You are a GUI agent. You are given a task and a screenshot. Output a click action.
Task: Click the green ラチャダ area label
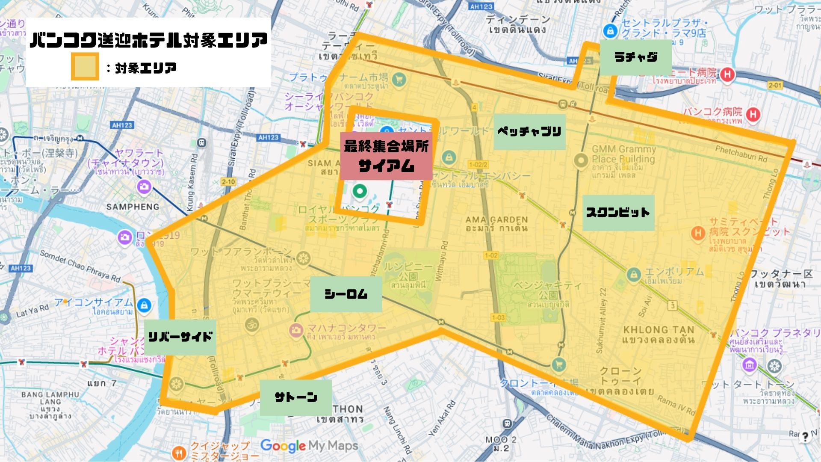(x=635, y=57)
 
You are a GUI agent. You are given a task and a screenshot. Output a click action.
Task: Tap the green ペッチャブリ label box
(x=529, y=132)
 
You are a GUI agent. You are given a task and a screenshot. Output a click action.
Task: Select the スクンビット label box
(x=618, y=213)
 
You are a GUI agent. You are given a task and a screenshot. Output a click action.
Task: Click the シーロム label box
(x=346, y=294)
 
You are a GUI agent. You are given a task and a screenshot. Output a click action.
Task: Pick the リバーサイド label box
(x=180, y=337)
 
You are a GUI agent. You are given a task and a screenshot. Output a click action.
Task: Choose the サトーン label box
(x=295, y=397)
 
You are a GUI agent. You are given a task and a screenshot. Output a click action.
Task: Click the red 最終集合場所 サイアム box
(x=386, y=156)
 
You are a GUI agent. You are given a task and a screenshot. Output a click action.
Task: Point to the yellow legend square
(x=85, y=67)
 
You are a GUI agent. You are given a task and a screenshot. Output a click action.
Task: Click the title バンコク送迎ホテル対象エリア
(x=148, y=40)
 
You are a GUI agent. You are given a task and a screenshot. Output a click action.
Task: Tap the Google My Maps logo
(x=309, y=446)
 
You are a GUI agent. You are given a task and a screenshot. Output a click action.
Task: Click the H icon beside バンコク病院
(x=753, y=114)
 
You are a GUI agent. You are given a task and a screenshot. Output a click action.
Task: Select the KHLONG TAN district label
(x=659, y=335)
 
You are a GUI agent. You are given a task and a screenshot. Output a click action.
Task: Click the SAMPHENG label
(x=133, y=207)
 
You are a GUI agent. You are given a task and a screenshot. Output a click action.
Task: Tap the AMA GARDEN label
(x=496, y=223)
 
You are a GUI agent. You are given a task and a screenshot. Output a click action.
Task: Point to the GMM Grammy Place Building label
(x=623, y=154)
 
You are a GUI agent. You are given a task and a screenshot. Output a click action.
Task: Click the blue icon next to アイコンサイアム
(x=145, y=305)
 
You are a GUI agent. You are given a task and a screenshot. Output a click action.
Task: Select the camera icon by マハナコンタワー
(x=295, y=330)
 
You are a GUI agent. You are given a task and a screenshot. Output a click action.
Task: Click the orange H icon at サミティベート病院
(x=698, y=233)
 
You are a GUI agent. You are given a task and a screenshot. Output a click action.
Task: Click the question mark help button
(x=805, y=437)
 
